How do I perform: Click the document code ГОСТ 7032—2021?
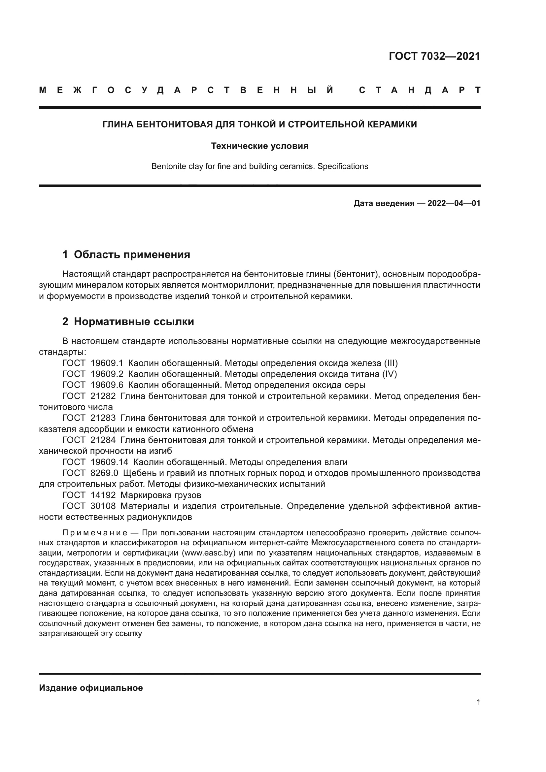434,56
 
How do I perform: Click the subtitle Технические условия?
259,146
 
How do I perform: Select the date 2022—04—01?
454,203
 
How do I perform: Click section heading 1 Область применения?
126,254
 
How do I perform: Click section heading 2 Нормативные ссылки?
128,322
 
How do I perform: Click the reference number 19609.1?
107,363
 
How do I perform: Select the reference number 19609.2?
107,374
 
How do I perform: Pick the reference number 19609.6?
107,385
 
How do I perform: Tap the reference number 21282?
103,396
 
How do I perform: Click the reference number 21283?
103,418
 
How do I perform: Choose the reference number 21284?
103,440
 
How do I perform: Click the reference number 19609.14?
109,462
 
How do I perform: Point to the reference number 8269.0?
104,473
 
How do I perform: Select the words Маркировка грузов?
161,495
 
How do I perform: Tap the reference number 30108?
103,506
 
